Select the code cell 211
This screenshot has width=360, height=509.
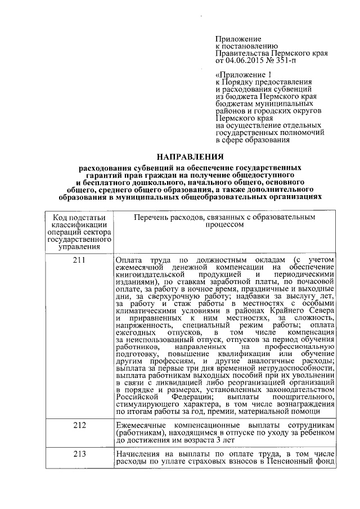[x=79, y=260]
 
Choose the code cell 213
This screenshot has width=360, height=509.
[x=79, y=454]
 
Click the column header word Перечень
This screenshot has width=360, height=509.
[x=152, y=217]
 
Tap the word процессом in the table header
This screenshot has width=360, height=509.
[x=225, y=224]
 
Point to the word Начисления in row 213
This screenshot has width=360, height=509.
[x=138, y=454]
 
